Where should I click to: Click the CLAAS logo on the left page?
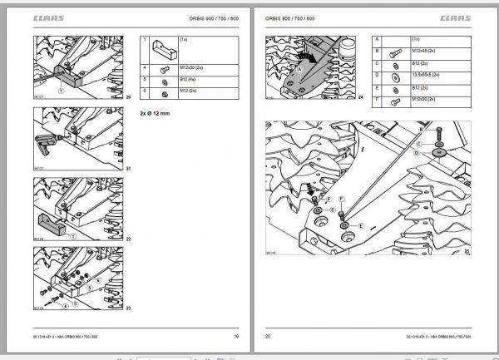[49, 18]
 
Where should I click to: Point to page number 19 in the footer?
[236, 337]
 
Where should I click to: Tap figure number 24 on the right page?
[362, 98]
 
